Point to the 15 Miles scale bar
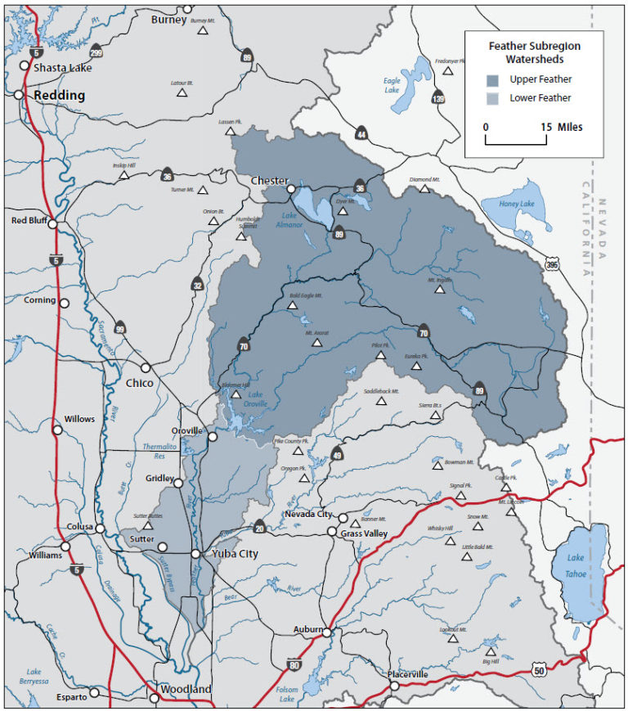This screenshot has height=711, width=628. [516, 142]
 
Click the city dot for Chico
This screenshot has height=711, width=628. [146, 368]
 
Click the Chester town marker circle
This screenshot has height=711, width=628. [290, 190]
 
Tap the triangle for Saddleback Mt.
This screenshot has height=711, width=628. [381, 401]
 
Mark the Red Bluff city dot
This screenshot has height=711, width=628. [52, 223]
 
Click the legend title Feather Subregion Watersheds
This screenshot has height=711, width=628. [534, 52]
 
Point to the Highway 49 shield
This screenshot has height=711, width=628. [336, 455]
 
